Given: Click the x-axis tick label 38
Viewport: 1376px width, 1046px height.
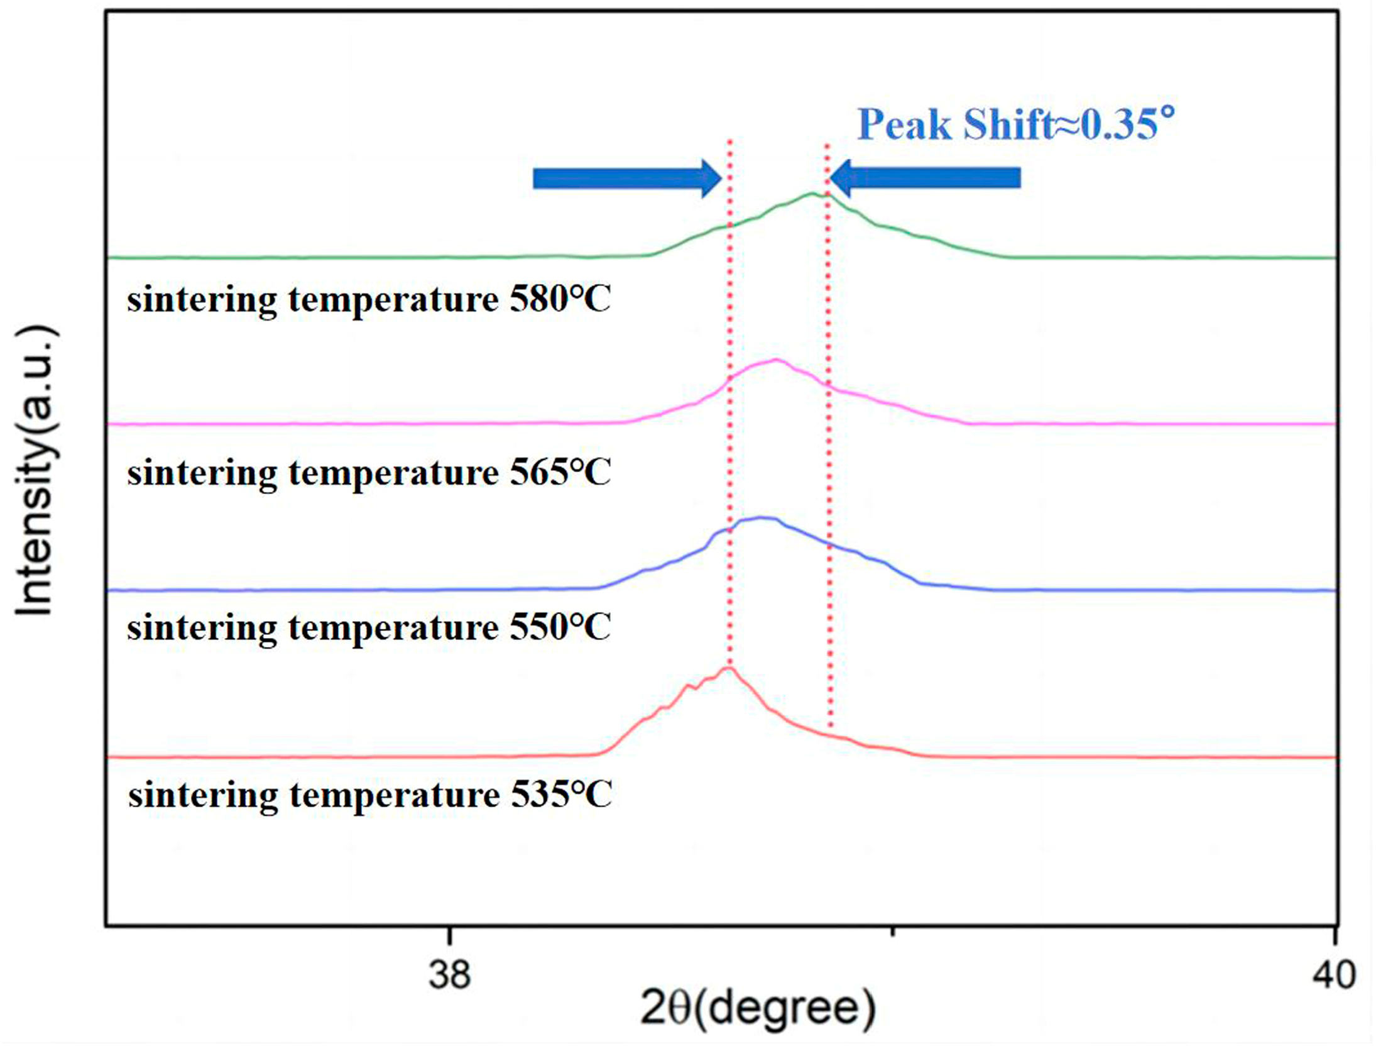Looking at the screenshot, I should pyautogui.click(x=449, y=975).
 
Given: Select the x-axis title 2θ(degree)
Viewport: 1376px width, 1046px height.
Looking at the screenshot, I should pyautogui.click(x=757, y=1008).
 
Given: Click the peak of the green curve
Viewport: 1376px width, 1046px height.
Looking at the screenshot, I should pyautogui.click(x=812, y=194).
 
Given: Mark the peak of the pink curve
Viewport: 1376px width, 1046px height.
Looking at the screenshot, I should pyautogui.click(x=777, y=360).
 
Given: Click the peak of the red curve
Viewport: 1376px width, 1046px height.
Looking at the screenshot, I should pyautogui.click(x=728, y=668).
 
